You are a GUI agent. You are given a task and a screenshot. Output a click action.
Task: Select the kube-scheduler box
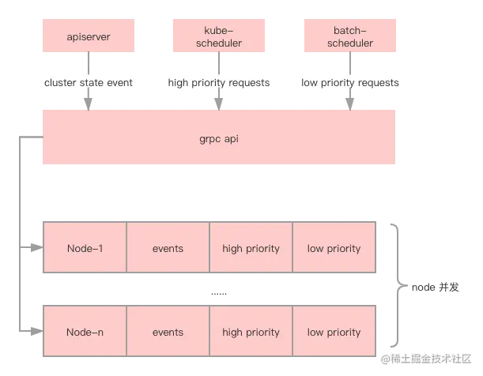point(217,36)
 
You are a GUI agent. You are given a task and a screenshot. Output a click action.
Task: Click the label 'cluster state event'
point(89,82)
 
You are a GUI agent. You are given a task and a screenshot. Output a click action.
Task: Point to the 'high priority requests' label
point(218,82)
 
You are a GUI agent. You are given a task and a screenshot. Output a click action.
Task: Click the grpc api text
point(219,138)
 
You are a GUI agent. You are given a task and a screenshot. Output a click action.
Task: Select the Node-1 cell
point(85,248)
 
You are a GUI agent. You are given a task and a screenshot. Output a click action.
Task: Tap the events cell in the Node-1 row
point(168,248)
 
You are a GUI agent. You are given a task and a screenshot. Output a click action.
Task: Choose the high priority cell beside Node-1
point(251,248)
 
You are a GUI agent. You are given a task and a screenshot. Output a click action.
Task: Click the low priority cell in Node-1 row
point(334,248)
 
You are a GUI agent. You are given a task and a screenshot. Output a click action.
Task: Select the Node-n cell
point(85,332)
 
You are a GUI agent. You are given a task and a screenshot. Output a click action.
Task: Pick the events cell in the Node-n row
point(168,332)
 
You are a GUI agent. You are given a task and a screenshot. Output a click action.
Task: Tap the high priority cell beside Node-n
point(251,332)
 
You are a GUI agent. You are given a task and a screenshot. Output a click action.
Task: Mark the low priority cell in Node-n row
point(334,332)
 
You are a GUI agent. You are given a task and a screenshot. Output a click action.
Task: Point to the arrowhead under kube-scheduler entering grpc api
point(217,103)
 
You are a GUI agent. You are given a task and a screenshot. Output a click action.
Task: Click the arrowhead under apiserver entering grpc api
point(88,103)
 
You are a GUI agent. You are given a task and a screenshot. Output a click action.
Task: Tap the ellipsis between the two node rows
point(218,292)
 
